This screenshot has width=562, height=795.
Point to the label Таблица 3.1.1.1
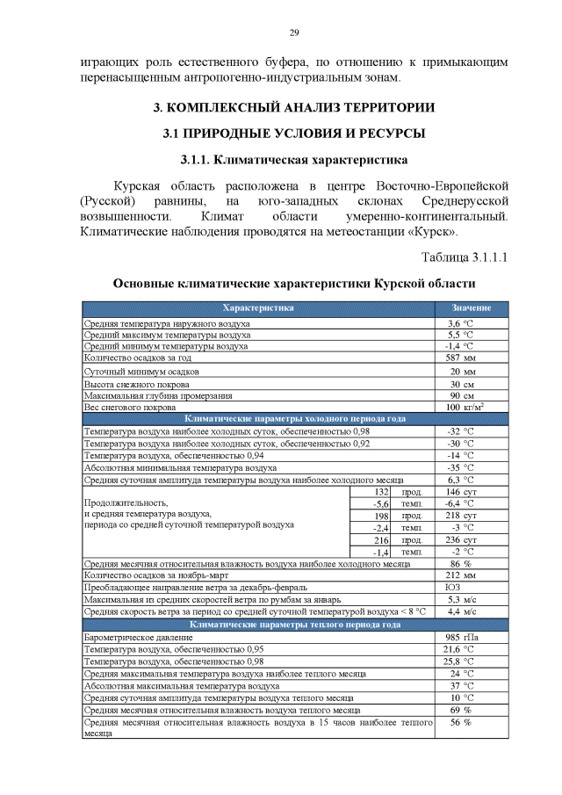point(465,257)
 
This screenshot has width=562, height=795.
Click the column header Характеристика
point(258,308)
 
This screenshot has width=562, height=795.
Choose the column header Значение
point(471,308)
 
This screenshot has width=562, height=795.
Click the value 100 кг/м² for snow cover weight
point(465,408)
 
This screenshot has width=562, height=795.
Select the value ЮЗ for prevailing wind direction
point(453,587)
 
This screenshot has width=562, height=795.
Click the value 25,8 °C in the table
point(459,661)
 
